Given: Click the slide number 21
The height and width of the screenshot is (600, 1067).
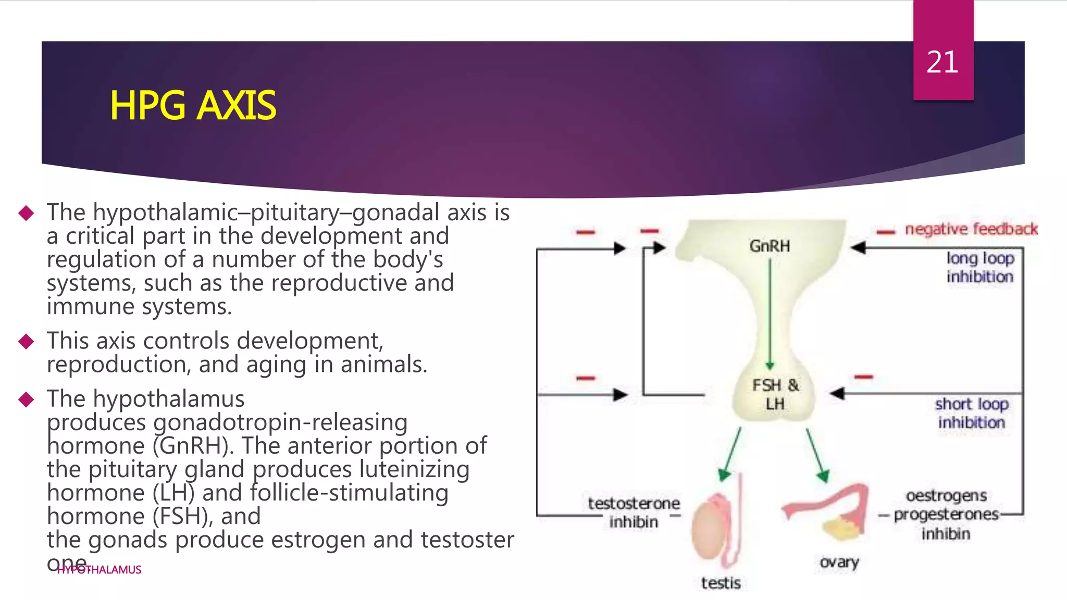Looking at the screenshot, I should pyautogui.click(x=942, y=63).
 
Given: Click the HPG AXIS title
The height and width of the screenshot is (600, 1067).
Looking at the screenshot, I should pyautogui.click(x=192, y=106).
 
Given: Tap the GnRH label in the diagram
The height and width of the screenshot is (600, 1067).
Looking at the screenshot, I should pyautogui.click(x=770, y=246).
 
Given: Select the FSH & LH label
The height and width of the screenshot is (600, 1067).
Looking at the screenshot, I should pyautogui.click(x=775, y=394).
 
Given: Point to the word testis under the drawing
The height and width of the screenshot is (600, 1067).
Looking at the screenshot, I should pyautogui.click(x=721, y=583).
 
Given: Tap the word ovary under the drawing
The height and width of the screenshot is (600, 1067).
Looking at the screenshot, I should pyautogui.click(x=839, y=562).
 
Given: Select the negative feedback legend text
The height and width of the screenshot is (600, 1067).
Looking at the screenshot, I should pyautogui.click(x=971, y=229).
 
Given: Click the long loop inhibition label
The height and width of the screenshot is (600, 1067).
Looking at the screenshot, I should pyautogui.click(x=980, y=267).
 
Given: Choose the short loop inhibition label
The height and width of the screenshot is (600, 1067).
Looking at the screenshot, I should pyautogui.click(x=972, y=413).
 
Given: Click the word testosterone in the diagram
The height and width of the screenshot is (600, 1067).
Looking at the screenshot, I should pyautogui.click(x=634, y=503).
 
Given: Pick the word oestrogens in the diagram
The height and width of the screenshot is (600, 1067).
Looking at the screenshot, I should pyautogui.click(x=946, y=495).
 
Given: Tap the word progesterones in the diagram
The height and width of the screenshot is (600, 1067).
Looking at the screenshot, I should pyautogui.click(x=946, y=515).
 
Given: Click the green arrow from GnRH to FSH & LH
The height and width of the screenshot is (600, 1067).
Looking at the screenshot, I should pyautogui.click(x=770, y=312).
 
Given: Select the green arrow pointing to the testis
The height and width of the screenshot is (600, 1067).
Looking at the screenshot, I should pyautogui.click(x=730, y=453).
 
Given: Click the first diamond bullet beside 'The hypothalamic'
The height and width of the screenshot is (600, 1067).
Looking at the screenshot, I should pyautogui.click(x=26, y=213).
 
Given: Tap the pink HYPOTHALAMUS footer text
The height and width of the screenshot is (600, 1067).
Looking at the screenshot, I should pyautogui.click(x=99, y=570).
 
